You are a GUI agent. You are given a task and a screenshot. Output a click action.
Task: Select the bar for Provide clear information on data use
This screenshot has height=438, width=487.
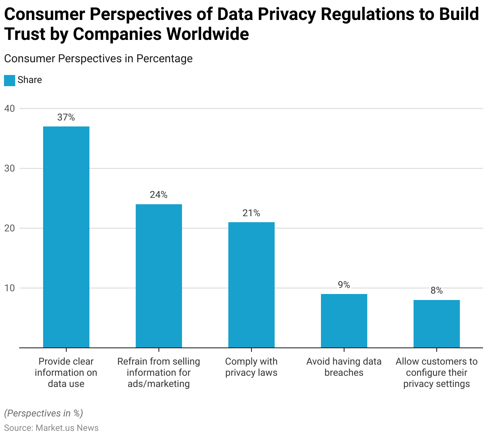(66, 237)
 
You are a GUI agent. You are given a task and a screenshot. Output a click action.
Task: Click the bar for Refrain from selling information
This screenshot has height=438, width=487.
(159, 276)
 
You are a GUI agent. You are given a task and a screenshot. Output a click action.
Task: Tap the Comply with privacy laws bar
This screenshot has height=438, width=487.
(251, 285)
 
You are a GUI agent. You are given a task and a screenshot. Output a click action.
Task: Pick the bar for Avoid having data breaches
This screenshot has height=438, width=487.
(344, 321)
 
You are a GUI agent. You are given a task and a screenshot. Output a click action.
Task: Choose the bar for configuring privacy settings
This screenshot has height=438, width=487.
(437, 324)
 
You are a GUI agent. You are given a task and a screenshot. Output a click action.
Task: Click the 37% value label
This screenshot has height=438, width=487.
(66, 117)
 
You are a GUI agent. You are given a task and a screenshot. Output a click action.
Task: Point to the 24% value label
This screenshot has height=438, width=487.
(159, 195)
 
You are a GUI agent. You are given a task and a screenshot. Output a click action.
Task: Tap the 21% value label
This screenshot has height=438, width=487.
(251, 213)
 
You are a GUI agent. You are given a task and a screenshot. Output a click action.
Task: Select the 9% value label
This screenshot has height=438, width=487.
(344, 285)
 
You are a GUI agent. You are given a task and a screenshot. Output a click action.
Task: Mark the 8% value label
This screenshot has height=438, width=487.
(437, 291)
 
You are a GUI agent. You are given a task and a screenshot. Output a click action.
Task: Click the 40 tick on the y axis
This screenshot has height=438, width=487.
(10, 109)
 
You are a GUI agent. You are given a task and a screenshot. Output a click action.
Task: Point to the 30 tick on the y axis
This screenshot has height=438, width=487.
(10, 168)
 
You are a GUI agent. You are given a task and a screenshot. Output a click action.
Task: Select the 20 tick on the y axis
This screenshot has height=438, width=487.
(10, 228)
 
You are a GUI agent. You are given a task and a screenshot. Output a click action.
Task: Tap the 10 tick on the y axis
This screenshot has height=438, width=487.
(10, 288)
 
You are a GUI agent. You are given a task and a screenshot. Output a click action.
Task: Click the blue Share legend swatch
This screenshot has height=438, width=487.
(10, 80)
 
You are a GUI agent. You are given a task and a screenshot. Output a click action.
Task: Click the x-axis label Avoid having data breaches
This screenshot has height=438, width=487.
(344, 367)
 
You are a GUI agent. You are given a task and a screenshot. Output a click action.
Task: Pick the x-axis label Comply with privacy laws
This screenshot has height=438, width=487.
(251, 367)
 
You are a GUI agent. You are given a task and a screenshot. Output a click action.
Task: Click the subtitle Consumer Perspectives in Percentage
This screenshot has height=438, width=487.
(98, 59)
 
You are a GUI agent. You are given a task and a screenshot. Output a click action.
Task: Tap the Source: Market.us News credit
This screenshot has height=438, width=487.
(51, 428)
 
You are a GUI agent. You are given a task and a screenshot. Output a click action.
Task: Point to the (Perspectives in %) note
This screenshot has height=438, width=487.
(44, 413)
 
